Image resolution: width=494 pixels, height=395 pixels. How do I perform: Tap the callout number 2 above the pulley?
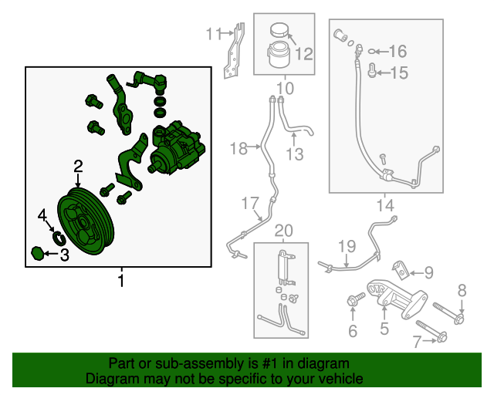[x=78, y=165]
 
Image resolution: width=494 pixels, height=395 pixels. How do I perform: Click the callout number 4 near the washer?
[x=42, y=214]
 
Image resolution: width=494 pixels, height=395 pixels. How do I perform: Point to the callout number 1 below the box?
[x=120, y=281]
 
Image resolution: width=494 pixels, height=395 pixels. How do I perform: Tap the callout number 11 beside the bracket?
[x=213, y=33]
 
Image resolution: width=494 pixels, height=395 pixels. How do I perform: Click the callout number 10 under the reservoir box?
[x=285, y=89]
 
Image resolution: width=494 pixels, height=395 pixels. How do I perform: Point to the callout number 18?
[x=238, y=147]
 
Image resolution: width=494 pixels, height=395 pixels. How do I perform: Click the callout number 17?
[x=249, y=204]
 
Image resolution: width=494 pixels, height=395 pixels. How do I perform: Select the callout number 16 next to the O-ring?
[x=397, y=52]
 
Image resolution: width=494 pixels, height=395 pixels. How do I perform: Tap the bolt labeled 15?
[x=372, y=73]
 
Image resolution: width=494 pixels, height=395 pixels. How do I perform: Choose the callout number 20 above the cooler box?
[x=284, y=230]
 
